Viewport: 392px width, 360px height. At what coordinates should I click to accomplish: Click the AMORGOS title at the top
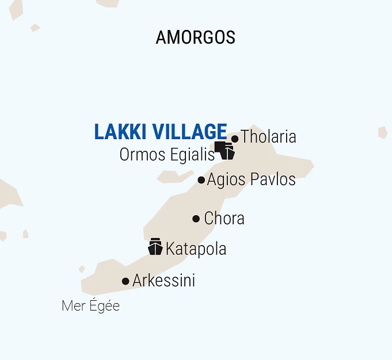pos(195,37)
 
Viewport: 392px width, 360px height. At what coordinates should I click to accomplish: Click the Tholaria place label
pos(268,137)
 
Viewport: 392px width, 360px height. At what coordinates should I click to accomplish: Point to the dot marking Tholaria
pos(235,139)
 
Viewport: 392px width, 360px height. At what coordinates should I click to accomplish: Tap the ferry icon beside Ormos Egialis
pos(228,151)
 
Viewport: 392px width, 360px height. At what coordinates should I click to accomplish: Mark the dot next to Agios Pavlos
pos(201,180)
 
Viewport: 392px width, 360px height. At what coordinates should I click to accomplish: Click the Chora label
pos(224,219)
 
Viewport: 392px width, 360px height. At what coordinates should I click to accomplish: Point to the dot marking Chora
pos(196,219)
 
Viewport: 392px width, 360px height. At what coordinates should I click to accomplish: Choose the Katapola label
pos(196,249)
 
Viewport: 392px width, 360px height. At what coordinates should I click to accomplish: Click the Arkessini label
pos(163,281)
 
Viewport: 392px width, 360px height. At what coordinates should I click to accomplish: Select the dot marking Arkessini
pos(125,281)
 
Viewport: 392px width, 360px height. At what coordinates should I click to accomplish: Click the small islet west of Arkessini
pos(82,269)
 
